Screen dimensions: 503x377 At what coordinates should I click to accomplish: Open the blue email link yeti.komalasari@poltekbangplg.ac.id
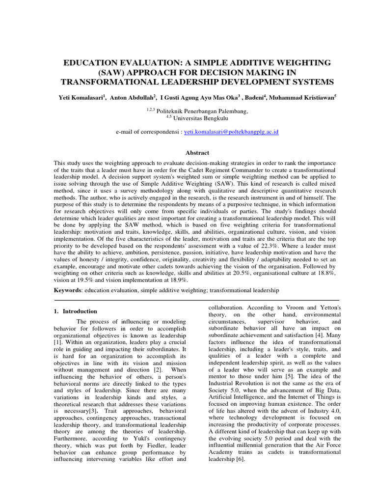pos(231,133)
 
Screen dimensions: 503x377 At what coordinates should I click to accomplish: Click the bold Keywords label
pos(68,291)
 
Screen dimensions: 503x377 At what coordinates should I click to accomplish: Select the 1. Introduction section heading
pos(75,311)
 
